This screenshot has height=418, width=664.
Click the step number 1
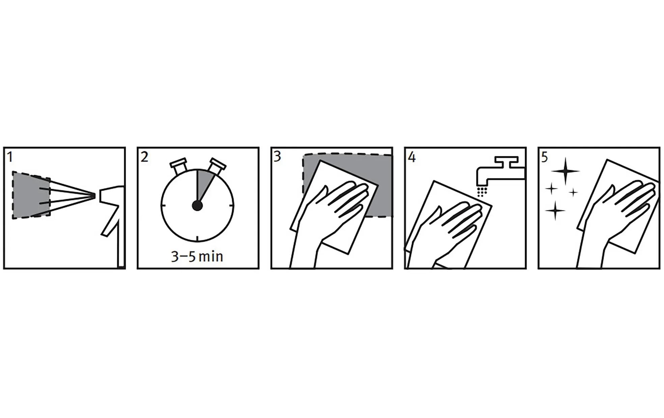pos(10,157)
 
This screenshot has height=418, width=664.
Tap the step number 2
pos(144,157)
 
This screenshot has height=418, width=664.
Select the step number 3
pos(277,157)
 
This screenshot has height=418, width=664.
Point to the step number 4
pos(412,157)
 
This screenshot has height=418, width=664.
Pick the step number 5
pos(545,157)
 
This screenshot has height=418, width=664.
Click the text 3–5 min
pos(197,257)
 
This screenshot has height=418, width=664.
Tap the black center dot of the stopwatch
pos(197,205)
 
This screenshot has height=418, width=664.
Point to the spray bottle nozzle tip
pos(94,195)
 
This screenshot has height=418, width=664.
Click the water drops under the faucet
pos(482,191)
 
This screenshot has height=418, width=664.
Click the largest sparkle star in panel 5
pos(565,171)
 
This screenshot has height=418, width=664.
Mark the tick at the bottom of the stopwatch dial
pos(197,239)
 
